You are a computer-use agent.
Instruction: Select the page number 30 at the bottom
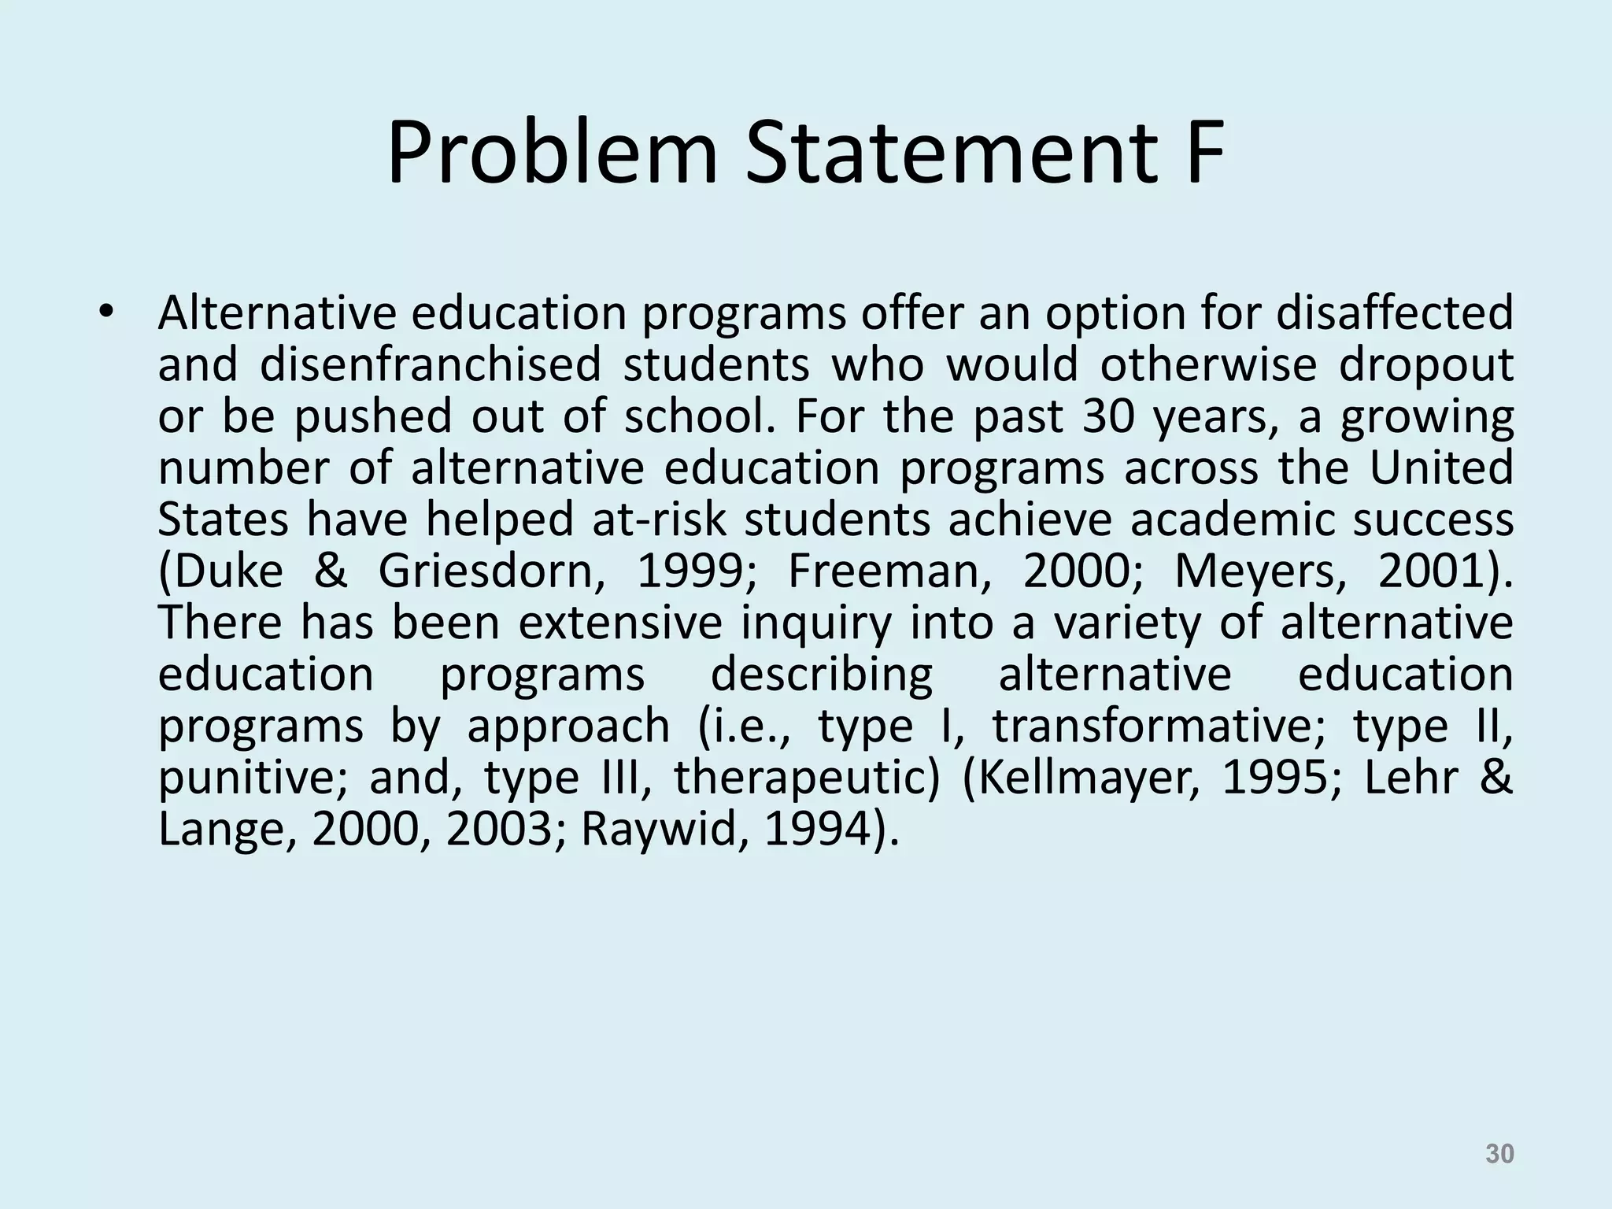[x=1499, y=1154]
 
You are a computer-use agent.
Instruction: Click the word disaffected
[x=1394, y=313]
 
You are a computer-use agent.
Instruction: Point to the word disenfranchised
[x=430, y=365]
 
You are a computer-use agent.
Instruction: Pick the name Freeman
[x=890, y=572]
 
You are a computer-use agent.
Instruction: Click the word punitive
[x=252, y=779]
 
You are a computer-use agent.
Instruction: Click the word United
[x=1441, y=468]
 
